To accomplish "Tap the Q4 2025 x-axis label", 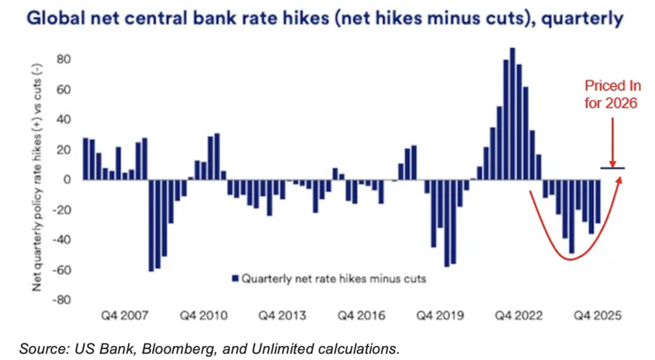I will pos(596,316).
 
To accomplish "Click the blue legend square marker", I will pos(234,279).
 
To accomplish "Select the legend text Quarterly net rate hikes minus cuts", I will pos(333,279).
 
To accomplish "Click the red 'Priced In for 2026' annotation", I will pos(611,95).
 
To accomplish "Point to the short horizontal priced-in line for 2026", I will pos(612,168).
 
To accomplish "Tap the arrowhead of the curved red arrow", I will pos(619,178).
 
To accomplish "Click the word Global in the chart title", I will pos(52,19).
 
